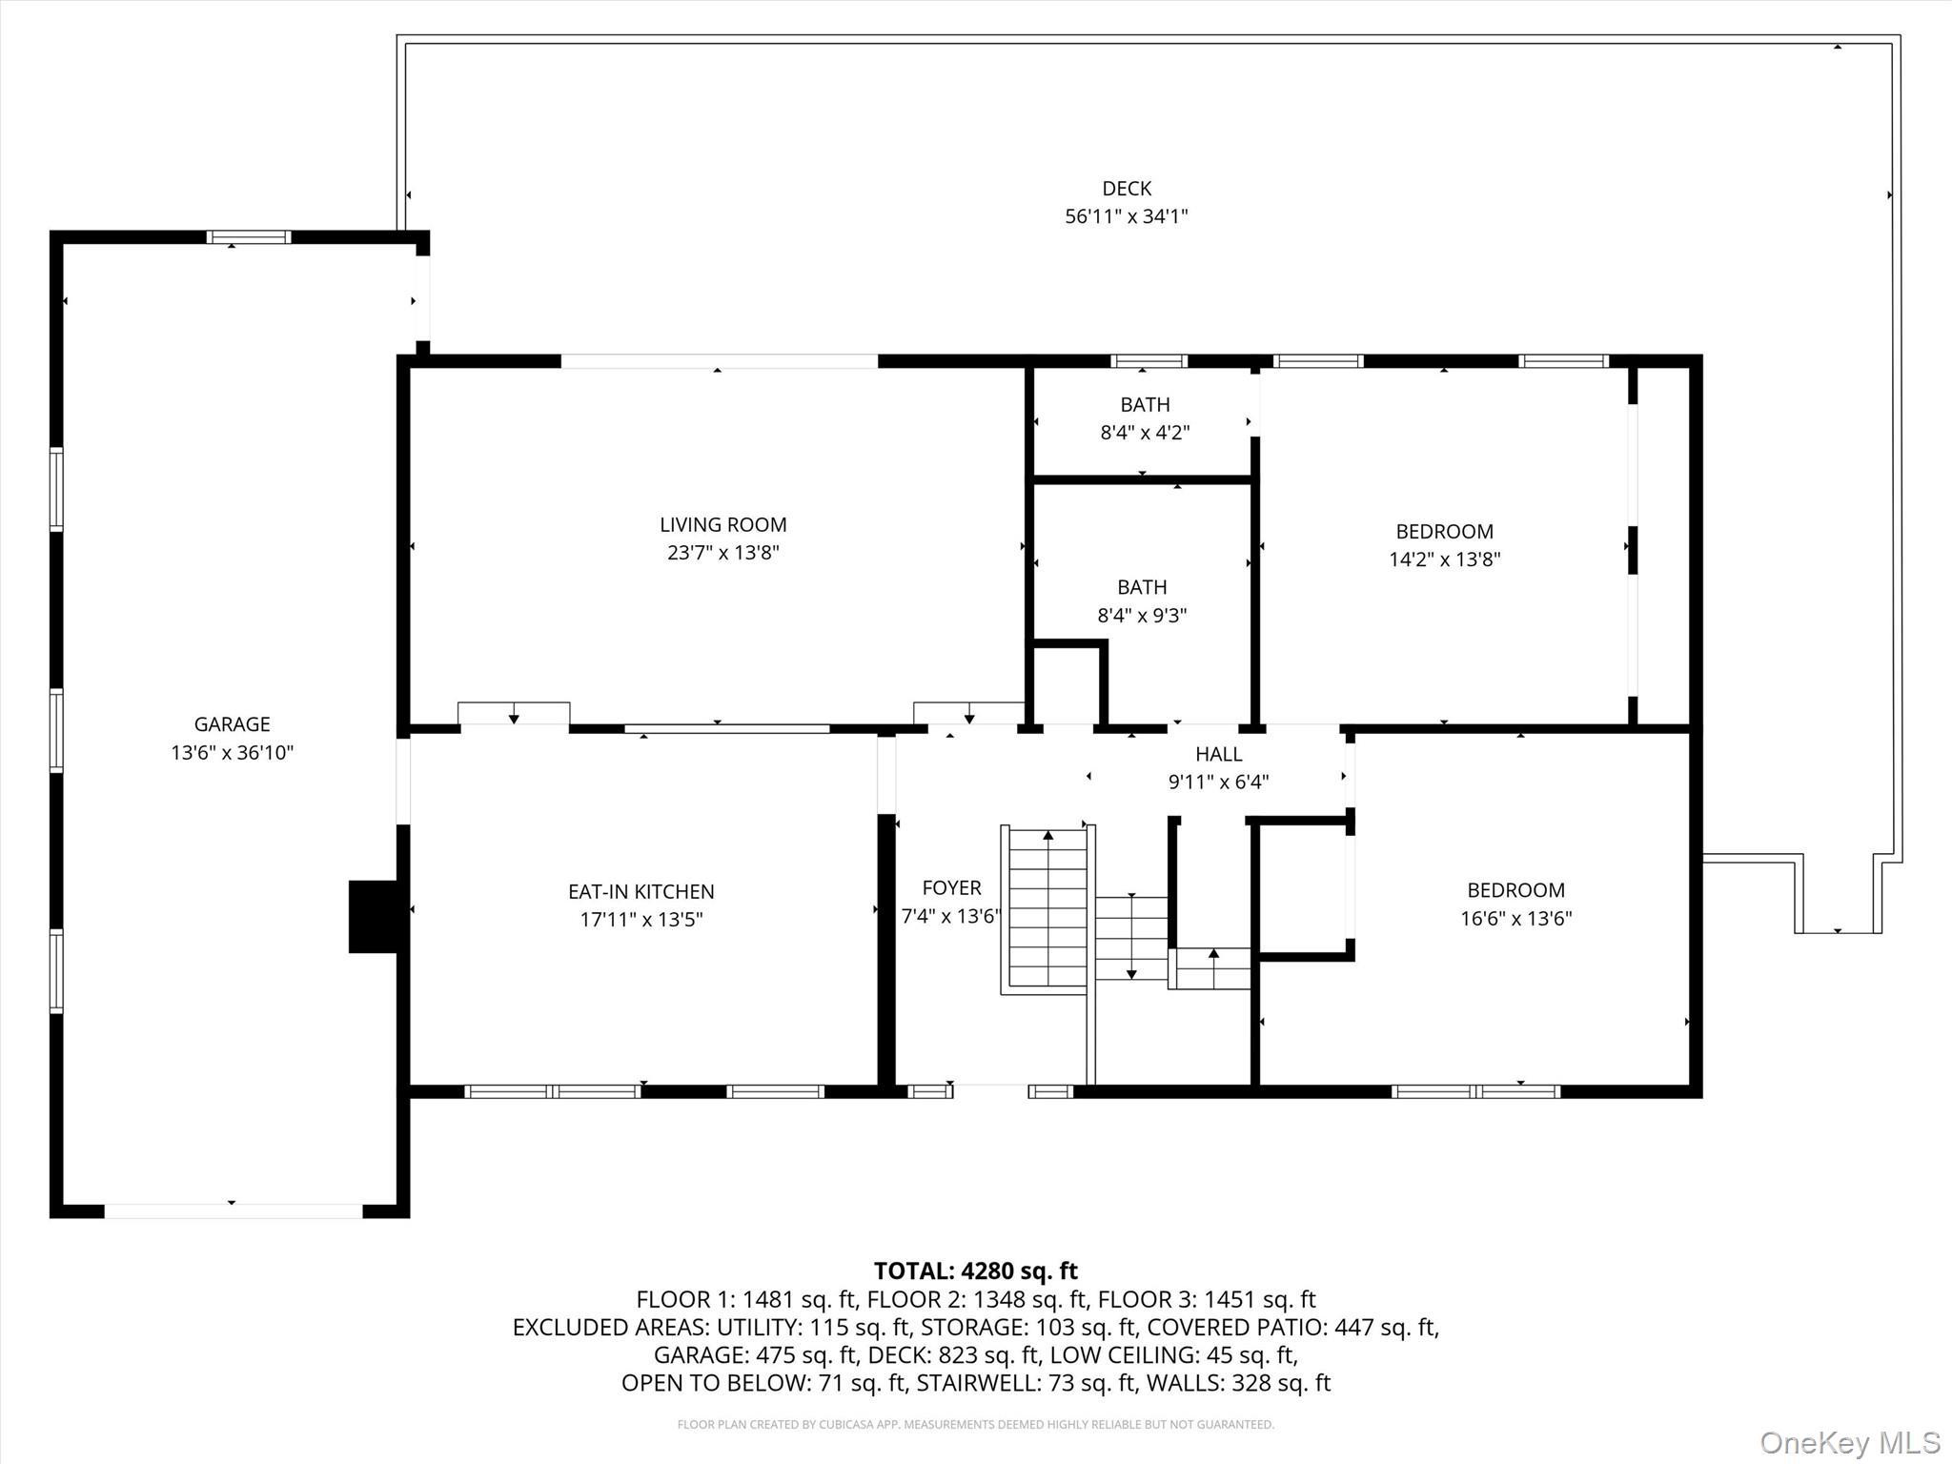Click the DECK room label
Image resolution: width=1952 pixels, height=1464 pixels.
[x=1127, y=189]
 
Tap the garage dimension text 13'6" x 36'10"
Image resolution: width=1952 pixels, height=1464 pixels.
[x=232, y=753]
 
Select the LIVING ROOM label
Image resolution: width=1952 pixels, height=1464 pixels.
[x=722, y=524]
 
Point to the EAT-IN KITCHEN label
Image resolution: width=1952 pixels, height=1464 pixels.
[x=640, y=891]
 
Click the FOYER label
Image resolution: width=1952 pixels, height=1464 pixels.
[x=951, y=888]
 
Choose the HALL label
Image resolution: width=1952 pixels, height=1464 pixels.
[x=1218, y=754]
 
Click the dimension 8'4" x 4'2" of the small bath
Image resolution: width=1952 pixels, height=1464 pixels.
[x=1145, y=433]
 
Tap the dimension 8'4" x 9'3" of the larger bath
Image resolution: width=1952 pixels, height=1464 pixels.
[x=1142, y=616]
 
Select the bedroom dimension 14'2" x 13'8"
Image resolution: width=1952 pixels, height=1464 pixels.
[x=1444, y=559]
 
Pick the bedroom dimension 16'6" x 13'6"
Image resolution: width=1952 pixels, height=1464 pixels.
[x=1515, y=919]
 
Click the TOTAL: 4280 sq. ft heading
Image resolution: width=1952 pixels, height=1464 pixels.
[x=975, y=1271]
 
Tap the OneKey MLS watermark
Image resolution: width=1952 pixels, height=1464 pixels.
[x=1849, y=1442]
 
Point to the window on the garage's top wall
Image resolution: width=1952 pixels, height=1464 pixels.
[x=249, y=237]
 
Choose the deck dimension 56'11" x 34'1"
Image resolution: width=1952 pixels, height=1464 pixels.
[x=1126, y=216]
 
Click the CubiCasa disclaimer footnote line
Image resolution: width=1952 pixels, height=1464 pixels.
[x=975, y=1424]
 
